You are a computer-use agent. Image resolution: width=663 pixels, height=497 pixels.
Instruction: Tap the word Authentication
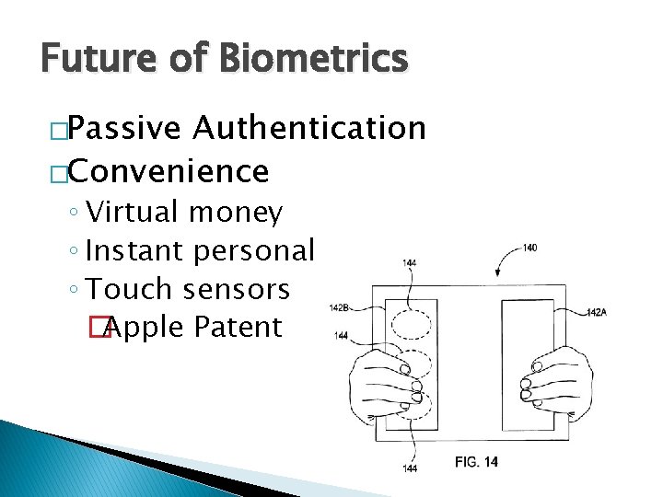[308, 129]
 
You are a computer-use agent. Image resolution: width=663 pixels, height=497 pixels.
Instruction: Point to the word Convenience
[168, 170]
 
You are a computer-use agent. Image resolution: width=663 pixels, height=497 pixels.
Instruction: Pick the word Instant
[135, 250]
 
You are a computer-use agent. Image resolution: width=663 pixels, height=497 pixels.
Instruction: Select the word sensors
[236, 289]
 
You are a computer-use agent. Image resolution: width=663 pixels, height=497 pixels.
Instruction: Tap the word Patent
[238, 327]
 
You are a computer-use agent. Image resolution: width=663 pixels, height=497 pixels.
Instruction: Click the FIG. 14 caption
[476, 462]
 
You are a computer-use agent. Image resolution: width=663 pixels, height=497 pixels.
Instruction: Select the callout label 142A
[597, 313]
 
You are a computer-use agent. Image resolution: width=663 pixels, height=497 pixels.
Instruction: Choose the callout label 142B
[338, 307]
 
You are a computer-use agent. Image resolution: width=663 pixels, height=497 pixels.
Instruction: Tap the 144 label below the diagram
[409, 469]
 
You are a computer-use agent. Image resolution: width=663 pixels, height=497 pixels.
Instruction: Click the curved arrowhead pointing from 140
[498, 273]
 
